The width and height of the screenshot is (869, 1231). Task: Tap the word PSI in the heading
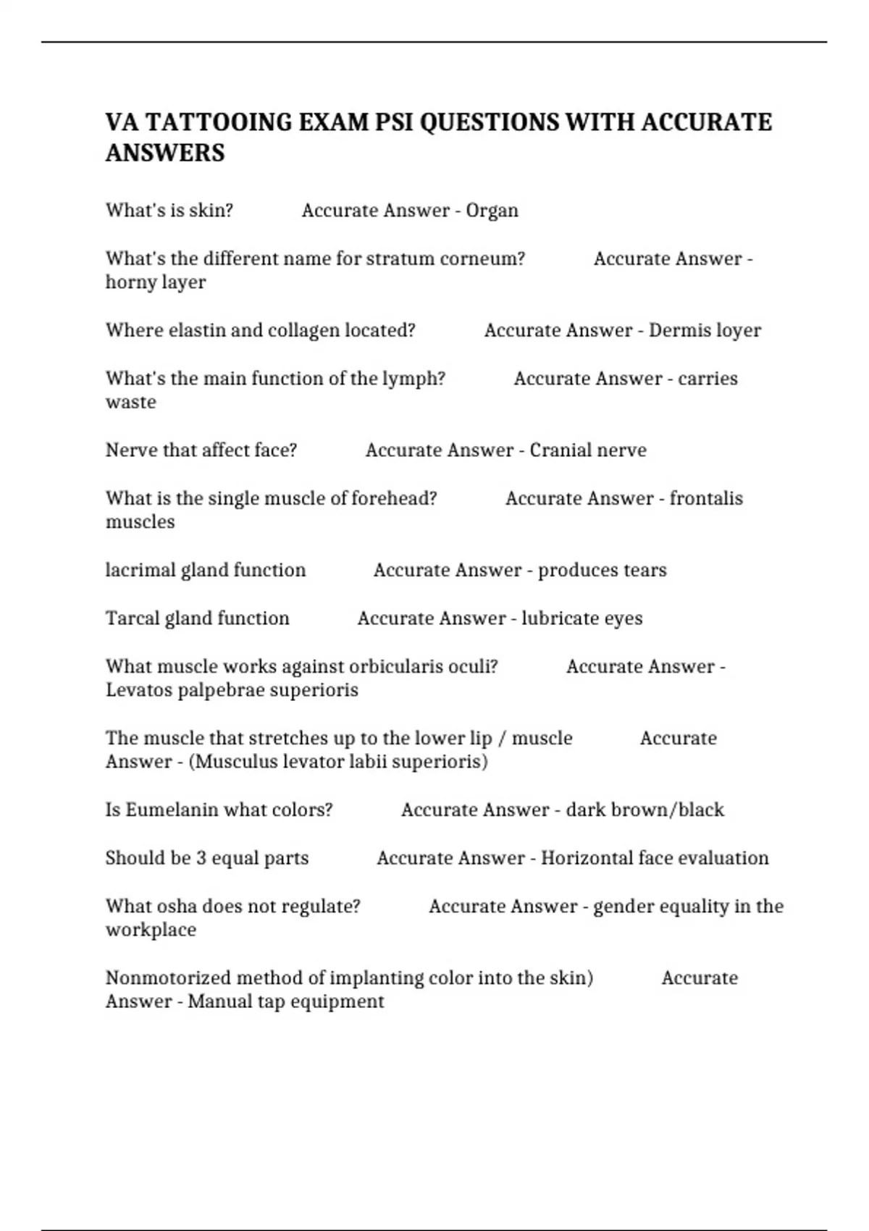[394, 122]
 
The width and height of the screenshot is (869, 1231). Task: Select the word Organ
[492, 211]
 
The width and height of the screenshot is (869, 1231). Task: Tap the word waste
[131, 403]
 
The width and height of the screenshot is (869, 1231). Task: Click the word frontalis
[706, 499]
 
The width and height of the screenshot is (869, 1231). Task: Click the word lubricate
[560, 618]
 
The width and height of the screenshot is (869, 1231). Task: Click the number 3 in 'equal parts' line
[201, 859]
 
